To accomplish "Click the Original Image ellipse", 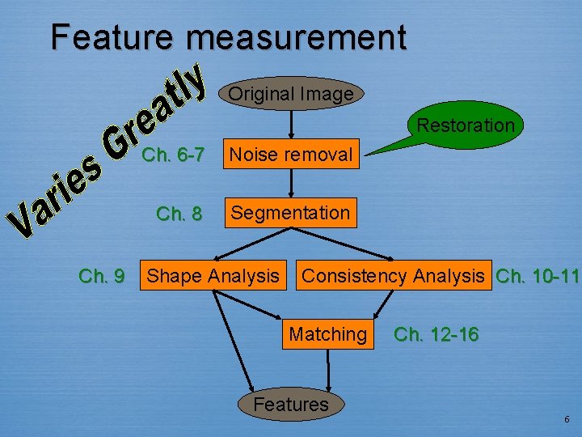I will tap(291, 94).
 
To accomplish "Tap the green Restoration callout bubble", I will tap(465, 125).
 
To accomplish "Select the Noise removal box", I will tap(291, 154).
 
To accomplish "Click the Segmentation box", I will tap(290, 214).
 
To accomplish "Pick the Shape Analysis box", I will tap(213, 276).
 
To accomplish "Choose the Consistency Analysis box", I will tap(393, 276).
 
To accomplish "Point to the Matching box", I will tap(327, 333).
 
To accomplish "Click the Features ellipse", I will tap(291, 404).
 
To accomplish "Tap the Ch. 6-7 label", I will tap(172, 155).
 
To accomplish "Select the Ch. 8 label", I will tap(179, 214).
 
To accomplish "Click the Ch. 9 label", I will tap(101, 277).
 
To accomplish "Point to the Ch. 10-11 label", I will tap(537, 276).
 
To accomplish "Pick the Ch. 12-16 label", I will tap(436, 334).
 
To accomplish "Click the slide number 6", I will tap(567, 419).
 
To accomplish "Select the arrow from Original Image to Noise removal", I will tap(291, 123).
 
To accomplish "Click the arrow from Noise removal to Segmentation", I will tap(291, 183).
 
